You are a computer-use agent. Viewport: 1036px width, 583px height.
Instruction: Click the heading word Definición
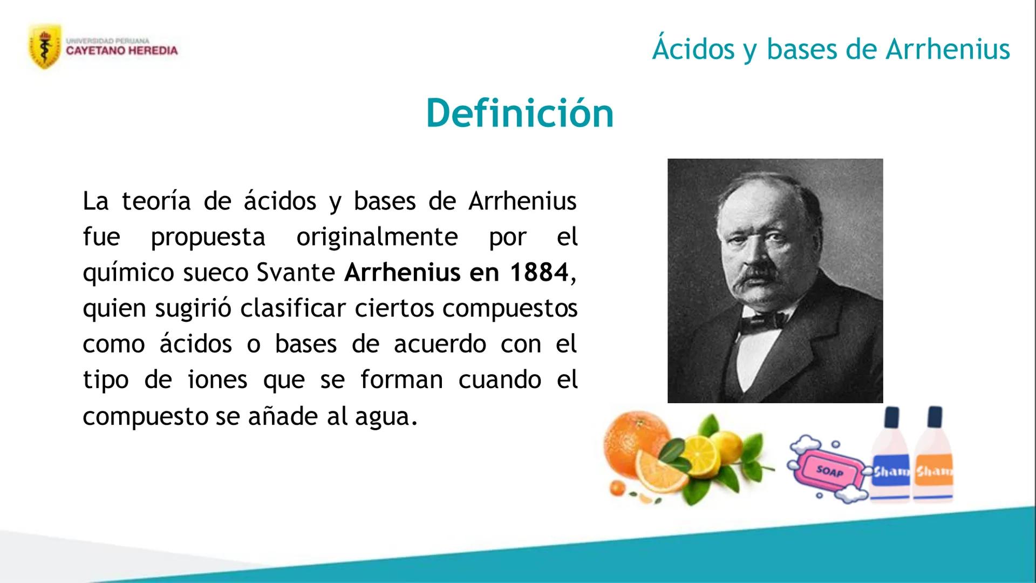point(520,113)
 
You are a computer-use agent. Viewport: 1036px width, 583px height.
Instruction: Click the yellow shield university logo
point(45,47)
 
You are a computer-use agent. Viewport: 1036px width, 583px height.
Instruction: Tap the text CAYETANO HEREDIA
point(122,51)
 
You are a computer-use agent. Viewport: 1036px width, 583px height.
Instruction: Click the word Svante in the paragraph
point(296,273)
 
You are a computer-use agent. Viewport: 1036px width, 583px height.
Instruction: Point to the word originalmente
point(377,238)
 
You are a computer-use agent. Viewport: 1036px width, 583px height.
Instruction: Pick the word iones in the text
point(217,379)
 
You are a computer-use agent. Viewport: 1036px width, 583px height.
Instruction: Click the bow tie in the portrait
point(763,322)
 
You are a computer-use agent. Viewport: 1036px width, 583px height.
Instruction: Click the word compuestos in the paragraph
point(510,309)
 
